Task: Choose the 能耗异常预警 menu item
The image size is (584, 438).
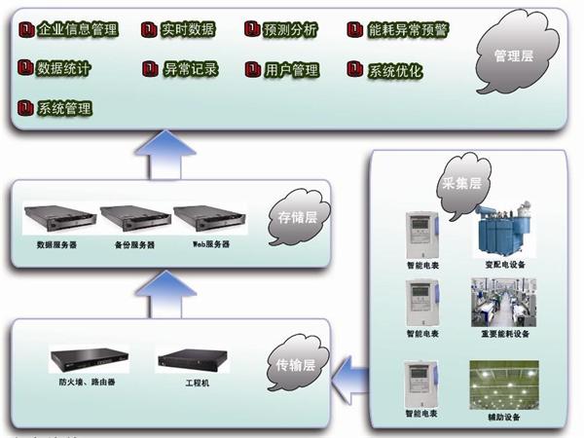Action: point(399,30)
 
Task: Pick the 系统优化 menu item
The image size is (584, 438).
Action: point(387,70)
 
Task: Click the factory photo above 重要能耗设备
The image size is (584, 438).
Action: point(501,301)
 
